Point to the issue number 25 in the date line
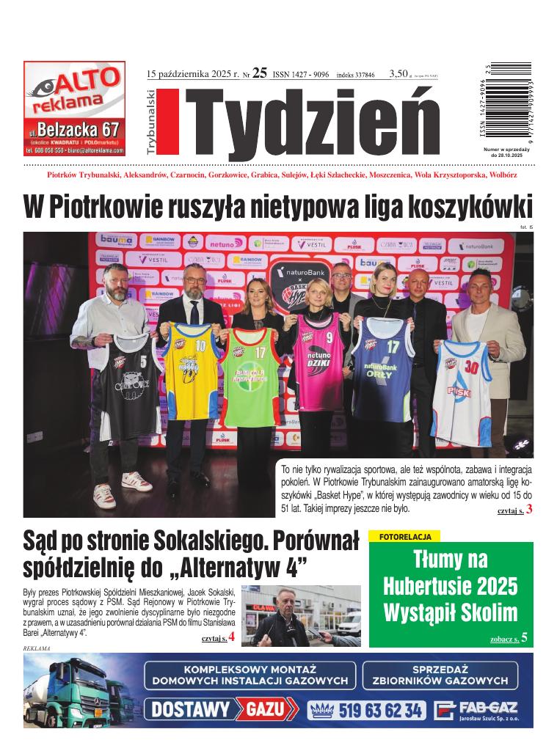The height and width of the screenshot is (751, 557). click(259, 73)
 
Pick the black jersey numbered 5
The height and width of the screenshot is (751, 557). click(129, 378)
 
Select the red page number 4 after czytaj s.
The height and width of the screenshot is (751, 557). click(232, 637)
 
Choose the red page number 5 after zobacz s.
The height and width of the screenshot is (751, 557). click(524, 638)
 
